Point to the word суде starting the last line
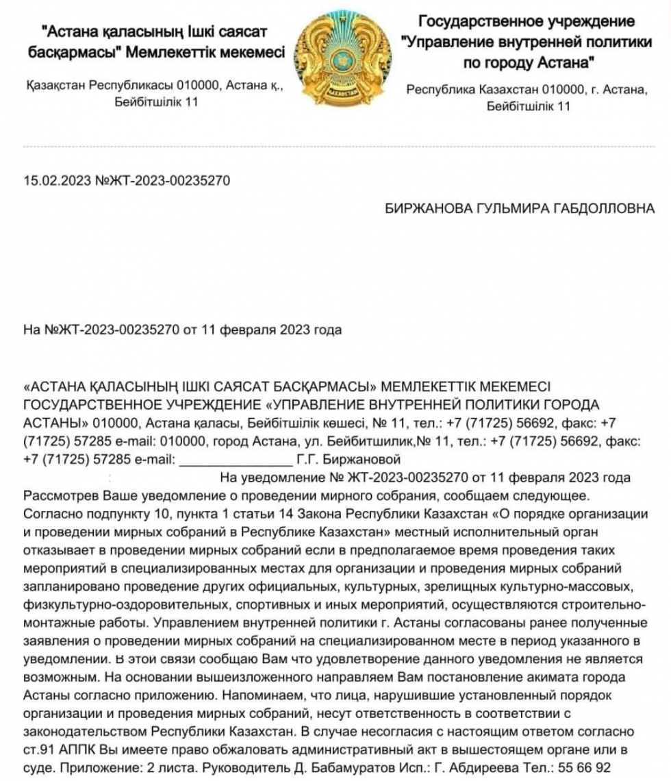pos(36,764)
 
